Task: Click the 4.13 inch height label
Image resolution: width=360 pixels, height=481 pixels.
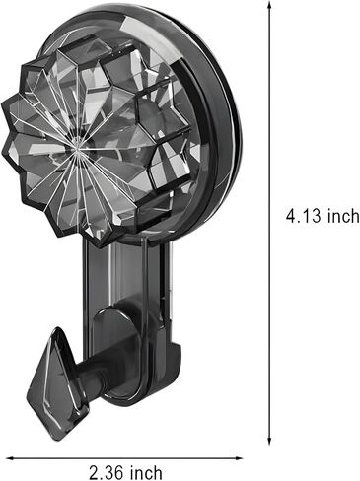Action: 323,216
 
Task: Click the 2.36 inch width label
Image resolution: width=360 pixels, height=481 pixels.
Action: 126,472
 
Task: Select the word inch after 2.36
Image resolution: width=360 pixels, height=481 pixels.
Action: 146,472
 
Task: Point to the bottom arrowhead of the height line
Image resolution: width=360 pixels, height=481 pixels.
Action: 269,440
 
